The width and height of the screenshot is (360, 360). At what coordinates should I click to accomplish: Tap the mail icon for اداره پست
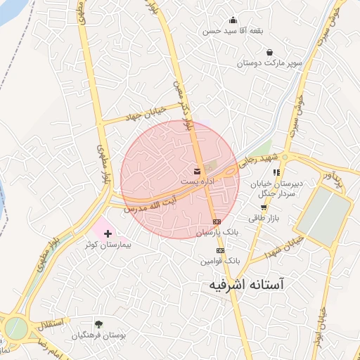tap(197, 172)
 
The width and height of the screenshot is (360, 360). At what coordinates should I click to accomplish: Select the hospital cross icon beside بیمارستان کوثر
tap(107, 233)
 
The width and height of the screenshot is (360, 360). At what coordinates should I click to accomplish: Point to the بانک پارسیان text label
tap(218, 231)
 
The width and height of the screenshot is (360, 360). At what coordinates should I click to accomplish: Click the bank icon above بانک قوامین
tap(220, 250)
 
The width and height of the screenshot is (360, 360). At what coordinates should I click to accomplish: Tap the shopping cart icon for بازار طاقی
tap(264, 207)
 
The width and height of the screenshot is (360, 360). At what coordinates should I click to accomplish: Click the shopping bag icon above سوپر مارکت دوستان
tap(270, 51)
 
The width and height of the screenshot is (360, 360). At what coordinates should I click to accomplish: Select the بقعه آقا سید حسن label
tap(233, 31)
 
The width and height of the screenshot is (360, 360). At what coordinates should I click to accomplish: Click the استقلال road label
tap(50, 324)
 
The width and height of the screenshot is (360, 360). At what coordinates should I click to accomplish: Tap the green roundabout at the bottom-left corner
tap(15, 328)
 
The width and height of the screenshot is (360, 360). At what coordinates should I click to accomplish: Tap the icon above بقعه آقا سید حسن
tap(233, 20)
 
